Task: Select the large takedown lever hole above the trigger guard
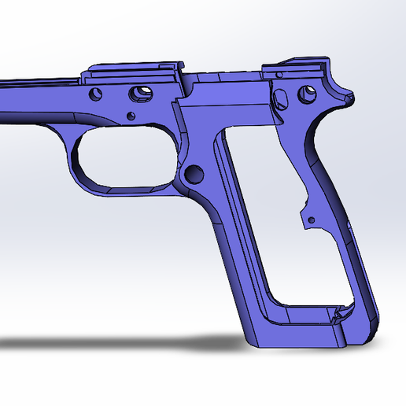(142, 92)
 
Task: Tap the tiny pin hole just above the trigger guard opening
(130, 117)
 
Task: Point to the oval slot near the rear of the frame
(281, 98)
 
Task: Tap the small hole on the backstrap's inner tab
(312, 218)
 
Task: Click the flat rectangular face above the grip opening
(224, 106)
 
